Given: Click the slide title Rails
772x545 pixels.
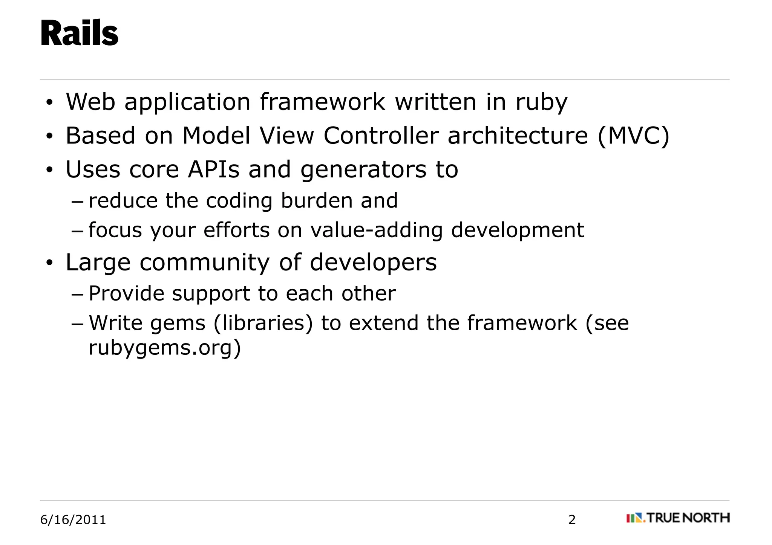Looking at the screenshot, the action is pyautogui.click(x=79, y=34).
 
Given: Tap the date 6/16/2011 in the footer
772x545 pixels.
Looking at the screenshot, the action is pyautogui.click(x=73, y=520).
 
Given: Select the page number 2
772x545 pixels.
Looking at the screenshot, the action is pyautogui.click(x=572, y=520).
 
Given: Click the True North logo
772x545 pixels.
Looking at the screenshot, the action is pyautogui.click(x=678, y=518).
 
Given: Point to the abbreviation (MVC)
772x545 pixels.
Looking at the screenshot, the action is pyautogui.click(x=634, y=136).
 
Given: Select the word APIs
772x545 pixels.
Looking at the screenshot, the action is pyautogui.click(x=213, y=169).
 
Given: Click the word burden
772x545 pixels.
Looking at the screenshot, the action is pyautogui.click(x=316, y=200).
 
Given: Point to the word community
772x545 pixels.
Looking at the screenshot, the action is pyautogui.click(x=205, y=263).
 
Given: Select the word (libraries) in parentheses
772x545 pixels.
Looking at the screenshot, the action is pyautogui.click(x=263, y=323).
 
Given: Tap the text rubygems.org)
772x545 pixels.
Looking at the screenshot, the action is pyautogui.click(x=165, y=348).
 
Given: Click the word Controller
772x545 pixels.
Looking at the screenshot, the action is pyautogui.click(x=381, y=136).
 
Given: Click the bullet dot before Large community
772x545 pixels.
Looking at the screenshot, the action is pyautogui.click(x=49, y=263).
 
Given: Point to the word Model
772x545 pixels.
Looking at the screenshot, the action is pyautogui.click(x=216, y=136).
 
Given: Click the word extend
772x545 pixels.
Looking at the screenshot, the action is pyautogui.click(x=383, y=323).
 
